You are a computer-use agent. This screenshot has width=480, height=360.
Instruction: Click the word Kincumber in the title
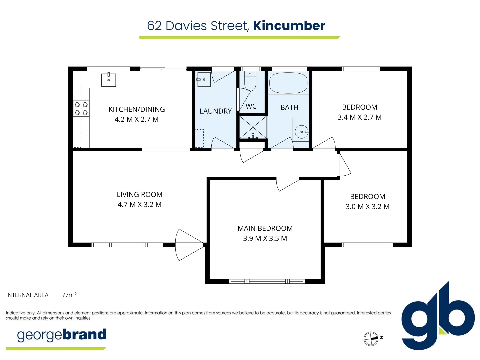click(x=289, y=26)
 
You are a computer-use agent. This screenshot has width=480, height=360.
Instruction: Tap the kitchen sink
click(x=109, y=80)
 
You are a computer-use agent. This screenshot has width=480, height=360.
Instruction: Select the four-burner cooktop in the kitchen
click(x=81, y=109)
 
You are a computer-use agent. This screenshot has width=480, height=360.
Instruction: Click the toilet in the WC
click(x=250, y=81)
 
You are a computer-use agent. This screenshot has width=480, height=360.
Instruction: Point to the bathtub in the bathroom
click(x=288, y=83)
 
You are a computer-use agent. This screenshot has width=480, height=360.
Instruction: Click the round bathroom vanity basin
click(x=301, y=132)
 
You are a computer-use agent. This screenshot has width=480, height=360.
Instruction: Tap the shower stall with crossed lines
click(x=253, y=127)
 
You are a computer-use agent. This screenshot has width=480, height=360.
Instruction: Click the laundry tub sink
click(x=203, y=80)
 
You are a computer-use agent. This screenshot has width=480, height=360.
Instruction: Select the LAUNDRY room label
click(x=216, y=111)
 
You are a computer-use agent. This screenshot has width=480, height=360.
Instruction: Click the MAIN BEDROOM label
click(x=265, y=228)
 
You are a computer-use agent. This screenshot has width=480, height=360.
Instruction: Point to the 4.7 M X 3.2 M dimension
click(x=139, y=204)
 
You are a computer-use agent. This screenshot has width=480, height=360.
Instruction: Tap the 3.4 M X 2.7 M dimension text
click(x=359, y=117)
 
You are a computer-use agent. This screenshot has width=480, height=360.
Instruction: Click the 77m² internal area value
click(x=69, y=295)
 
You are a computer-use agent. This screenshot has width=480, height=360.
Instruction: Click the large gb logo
click(x=438, y=317)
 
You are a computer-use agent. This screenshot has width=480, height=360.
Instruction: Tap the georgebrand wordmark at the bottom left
click(x=62, y=335)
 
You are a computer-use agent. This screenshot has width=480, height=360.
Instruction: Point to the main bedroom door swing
click(x=287, y=184)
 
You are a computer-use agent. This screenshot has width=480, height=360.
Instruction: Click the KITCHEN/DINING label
click(x=137, y=109)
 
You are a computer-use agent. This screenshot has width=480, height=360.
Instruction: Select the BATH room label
click(x=289, y=107)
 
